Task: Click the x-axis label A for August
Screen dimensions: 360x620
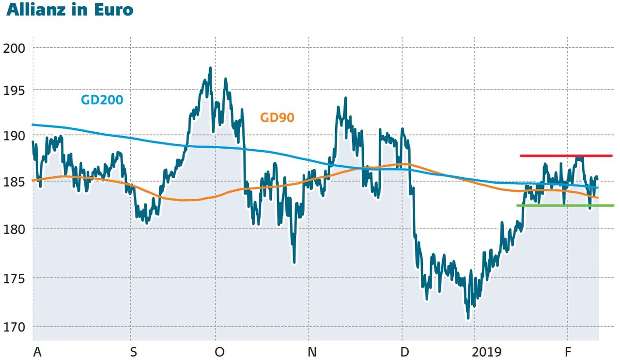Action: pos(37,352)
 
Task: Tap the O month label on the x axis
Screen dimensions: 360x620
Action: pos(219,352)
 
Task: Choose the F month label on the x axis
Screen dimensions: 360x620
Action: pos(570,352)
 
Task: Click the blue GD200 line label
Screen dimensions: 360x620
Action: pos(102,100)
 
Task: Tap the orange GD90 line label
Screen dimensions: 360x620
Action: pos(277,117)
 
